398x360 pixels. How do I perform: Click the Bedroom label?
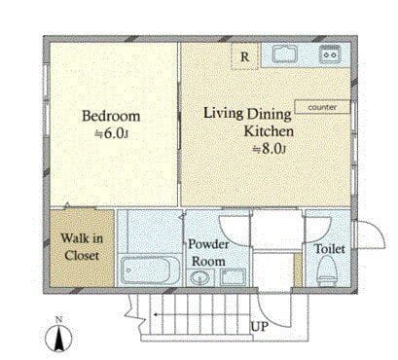tap(111, 116)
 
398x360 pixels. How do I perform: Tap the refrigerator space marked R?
tap(245, 56)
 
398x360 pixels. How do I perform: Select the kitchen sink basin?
tap(285, 54)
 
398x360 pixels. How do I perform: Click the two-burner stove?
tap(330, 54)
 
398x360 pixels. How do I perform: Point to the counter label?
tap(322, 107)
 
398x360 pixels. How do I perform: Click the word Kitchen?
tap(269, 131)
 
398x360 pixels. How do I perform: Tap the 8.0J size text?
tap(270, 149)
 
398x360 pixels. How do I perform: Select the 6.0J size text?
tap(111, 133)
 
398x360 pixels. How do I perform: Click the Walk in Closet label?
tap(82, 247)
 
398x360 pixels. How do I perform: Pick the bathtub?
tap(150, 270)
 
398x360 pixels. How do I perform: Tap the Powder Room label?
tap(208, 253)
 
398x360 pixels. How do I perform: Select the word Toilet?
tap(330, 249)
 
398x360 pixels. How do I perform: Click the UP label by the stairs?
tap(260, 327)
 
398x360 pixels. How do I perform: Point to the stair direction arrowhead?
tap(156, 314)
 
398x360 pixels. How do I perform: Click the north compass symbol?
tap(58, 339)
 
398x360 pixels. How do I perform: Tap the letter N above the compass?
tap(58, 319)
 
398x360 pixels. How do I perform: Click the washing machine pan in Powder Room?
tap(233, 277)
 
